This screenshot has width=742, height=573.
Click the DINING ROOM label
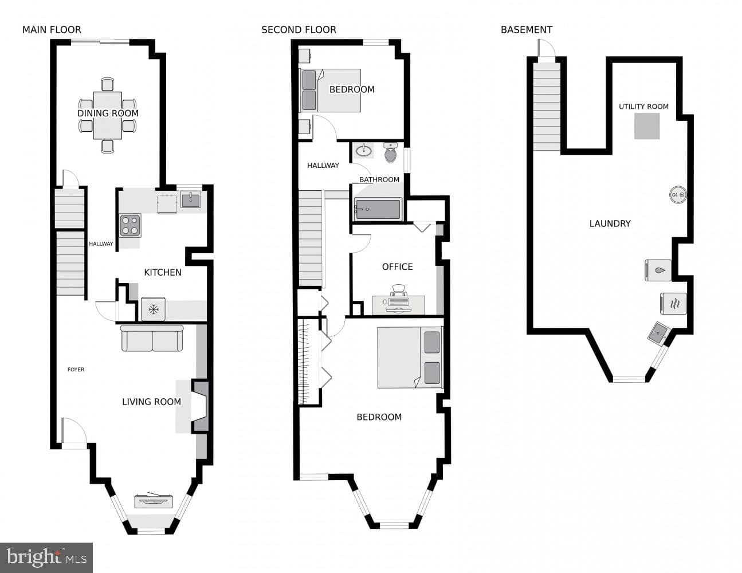tap(108, 113)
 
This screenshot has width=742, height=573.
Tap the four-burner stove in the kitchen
tap(130, 225)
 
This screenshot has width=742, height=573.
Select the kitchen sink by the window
tap(191, 200)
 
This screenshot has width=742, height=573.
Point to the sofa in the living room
tap(152, 338)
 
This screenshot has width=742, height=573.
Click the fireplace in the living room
tap(201, 406)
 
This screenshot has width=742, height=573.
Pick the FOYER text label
tap(76, 370)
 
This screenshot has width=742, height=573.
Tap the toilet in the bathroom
tap(390, 152)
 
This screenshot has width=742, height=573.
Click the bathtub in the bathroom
tap(378, 209)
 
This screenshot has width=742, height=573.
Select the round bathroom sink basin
tap(364, 150)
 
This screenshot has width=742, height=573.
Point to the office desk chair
tap(398, 291)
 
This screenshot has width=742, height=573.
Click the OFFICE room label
tap(398, 266)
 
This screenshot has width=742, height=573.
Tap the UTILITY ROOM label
tap(643, 107)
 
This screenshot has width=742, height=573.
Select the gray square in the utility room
tap(647, 126)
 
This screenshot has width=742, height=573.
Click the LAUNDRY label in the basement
tap(610, 223)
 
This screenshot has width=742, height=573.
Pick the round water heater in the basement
tap(678, 195)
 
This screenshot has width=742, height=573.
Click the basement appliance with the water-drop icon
tap(658, 270)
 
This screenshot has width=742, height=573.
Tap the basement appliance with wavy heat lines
tap(673, 303)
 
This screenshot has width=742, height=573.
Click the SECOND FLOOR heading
tap(299, 30)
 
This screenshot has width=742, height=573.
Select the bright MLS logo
tap(46, 558)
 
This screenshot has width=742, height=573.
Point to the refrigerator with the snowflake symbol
tap(154, 309)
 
